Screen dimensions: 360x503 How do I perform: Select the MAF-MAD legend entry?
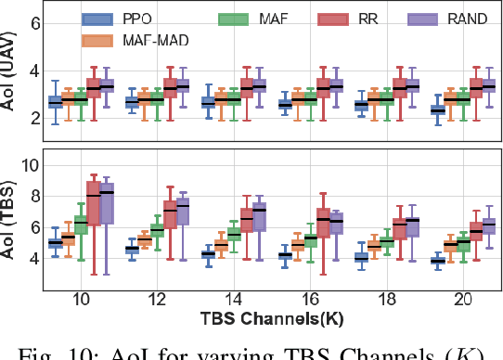click(x=122, y=41)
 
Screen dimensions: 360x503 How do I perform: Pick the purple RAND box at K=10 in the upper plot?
click(x=109, y=85)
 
